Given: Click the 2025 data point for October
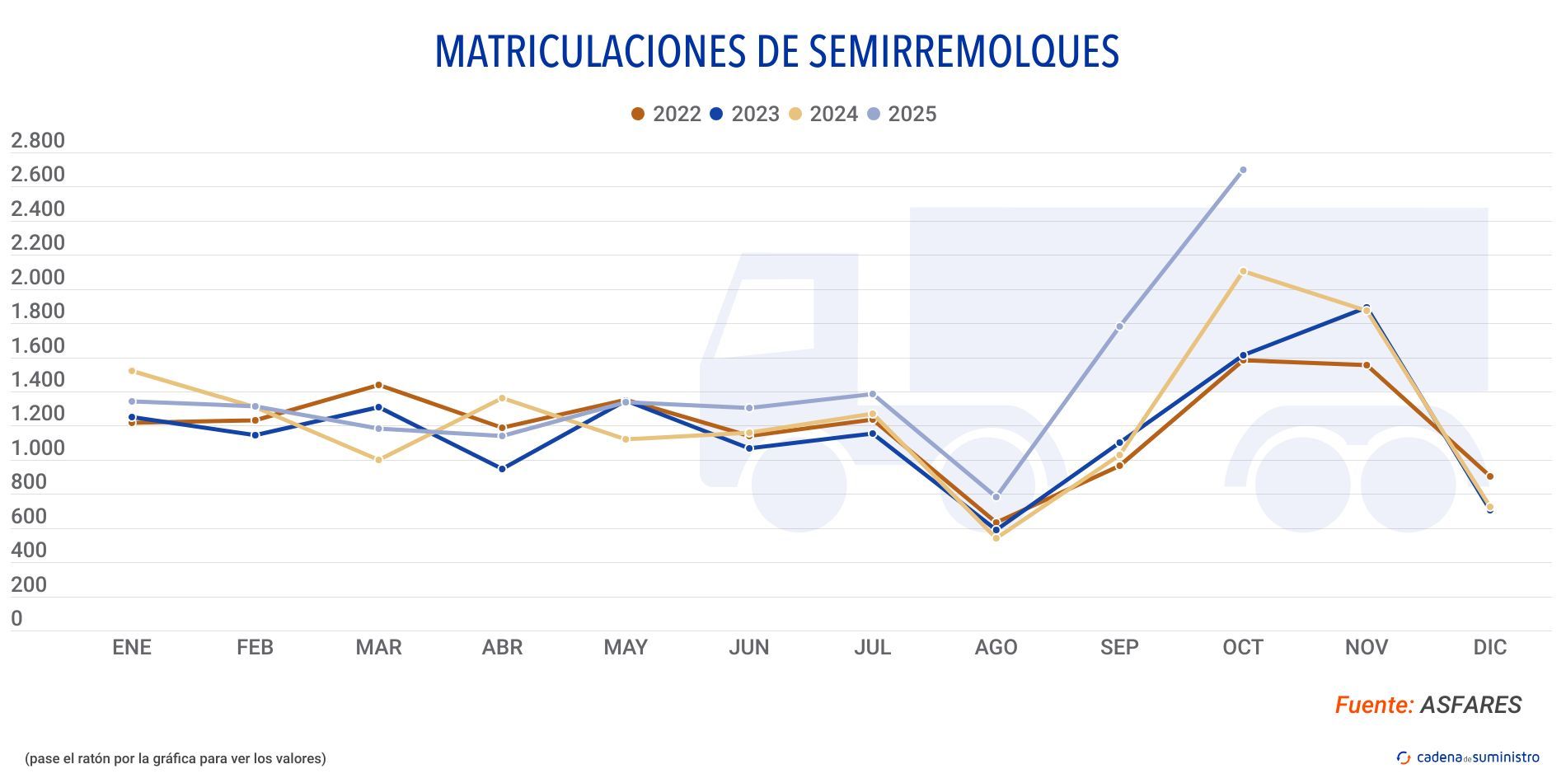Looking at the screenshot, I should [x=1243, y=170].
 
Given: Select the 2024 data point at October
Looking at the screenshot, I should [x=1243, y=271].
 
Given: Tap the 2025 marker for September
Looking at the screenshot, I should [x=1119, y=326].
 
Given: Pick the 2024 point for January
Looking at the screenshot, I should [x=132, y=371].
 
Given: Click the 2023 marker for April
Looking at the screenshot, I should [x=502, y=468].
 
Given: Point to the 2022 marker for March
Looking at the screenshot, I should [x=378, y=385].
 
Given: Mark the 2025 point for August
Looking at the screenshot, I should [x=996, y=497].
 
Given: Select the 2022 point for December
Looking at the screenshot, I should [x=1489, y=476].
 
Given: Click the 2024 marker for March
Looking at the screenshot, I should [x=378, y=460].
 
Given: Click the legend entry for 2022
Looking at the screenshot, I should [x=666, y=114].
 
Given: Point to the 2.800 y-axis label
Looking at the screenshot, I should [x=38, y=141].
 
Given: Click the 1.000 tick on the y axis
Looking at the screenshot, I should [x=38, y=448].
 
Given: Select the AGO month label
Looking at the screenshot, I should [x=996, y=648].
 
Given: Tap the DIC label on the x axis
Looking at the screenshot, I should [x=1489, y=648].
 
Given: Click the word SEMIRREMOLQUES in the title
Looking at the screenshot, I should [x=963, y=51].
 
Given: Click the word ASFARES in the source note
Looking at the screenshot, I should [x=1470, y=705].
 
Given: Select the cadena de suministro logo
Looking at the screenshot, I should [x=1468, y=757].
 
